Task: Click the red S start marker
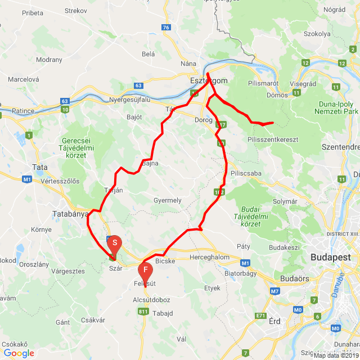(x=114, y=243)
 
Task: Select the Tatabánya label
(x=70, y=214)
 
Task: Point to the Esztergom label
(x=208, y=81)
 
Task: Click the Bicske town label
(x=165, y=262)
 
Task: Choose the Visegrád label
(x=303, y=84)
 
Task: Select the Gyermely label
(x=168, y=200)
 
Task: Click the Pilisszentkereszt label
(x=272, y=139)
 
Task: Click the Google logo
(x=19, y=353)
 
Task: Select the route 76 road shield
(x=165, y=27)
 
